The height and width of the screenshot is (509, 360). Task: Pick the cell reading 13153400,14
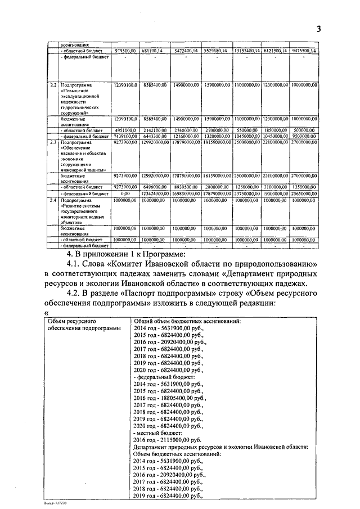[246, 51]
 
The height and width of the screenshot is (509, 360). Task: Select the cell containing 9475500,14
[304, 51]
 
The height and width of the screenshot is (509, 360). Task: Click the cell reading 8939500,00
[184, 186]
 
